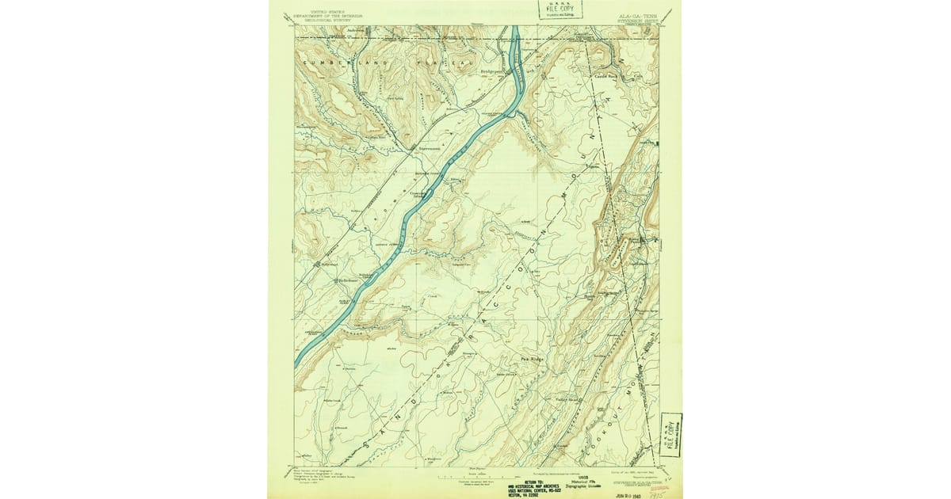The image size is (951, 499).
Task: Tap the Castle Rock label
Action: coord(607,76)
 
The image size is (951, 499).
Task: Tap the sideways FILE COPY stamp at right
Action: coord(671,435)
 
